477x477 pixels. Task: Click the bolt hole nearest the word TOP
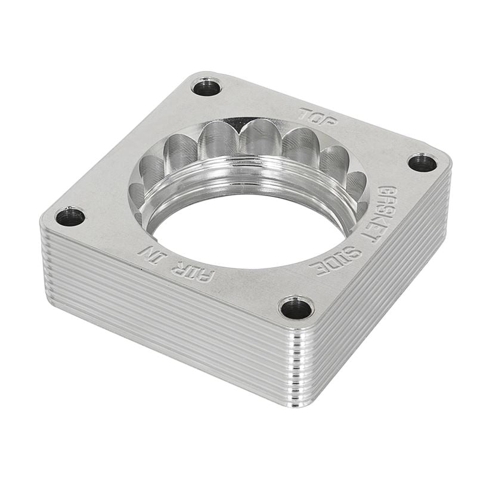coord(206,88)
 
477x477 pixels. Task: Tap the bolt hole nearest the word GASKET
coord(422,162)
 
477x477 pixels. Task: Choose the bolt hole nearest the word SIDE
coord(296,308)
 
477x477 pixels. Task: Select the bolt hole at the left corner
coord(70,216)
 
